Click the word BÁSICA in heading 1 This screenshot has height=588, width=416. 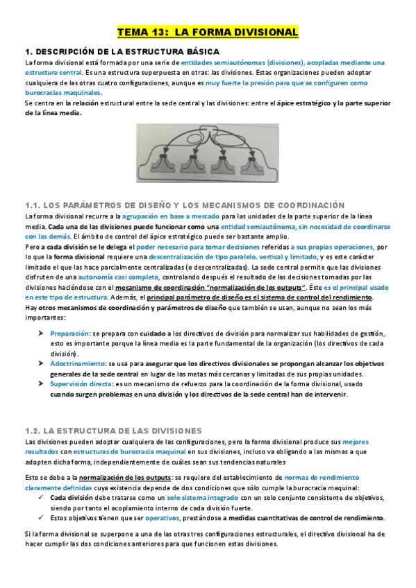click(199, 51)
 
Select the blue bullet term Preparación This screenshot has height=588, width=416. click(69, 334)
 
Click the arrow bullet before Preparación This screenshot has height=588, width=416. click(41, 334)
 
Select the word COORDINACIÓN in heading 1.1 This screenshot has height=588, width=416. click(303, 205)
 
